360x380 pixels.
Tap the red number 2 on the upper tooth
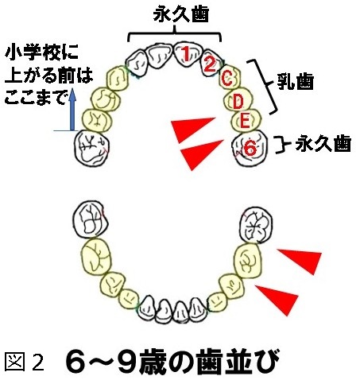(x=210, y=65)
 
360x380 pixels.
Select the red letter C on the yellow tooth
(x=227, y=79)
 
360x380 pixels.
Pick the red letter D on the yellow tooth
(x=238, y=102)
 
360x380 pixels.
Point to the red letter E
(x=244, y=122)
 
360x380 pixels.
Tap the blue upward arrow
(x=72, y=110)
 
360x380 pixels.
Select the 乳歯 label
(x=296, y=82)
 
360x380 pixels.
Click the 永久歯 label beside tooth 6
(x=323, y=143)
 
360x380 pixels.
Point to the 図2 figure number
(x=25, y=362)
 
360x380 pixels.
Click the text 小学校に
(x=42, y=52)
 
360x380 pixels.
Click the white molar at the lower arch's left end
(x=90, y=219)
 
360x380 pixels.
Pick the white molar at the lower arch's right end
(x=256, y=225)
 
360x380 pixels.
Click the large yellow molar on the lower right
(x=248, y=261)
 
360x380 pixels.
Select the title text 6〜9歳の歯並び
(x=172, y=362)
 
